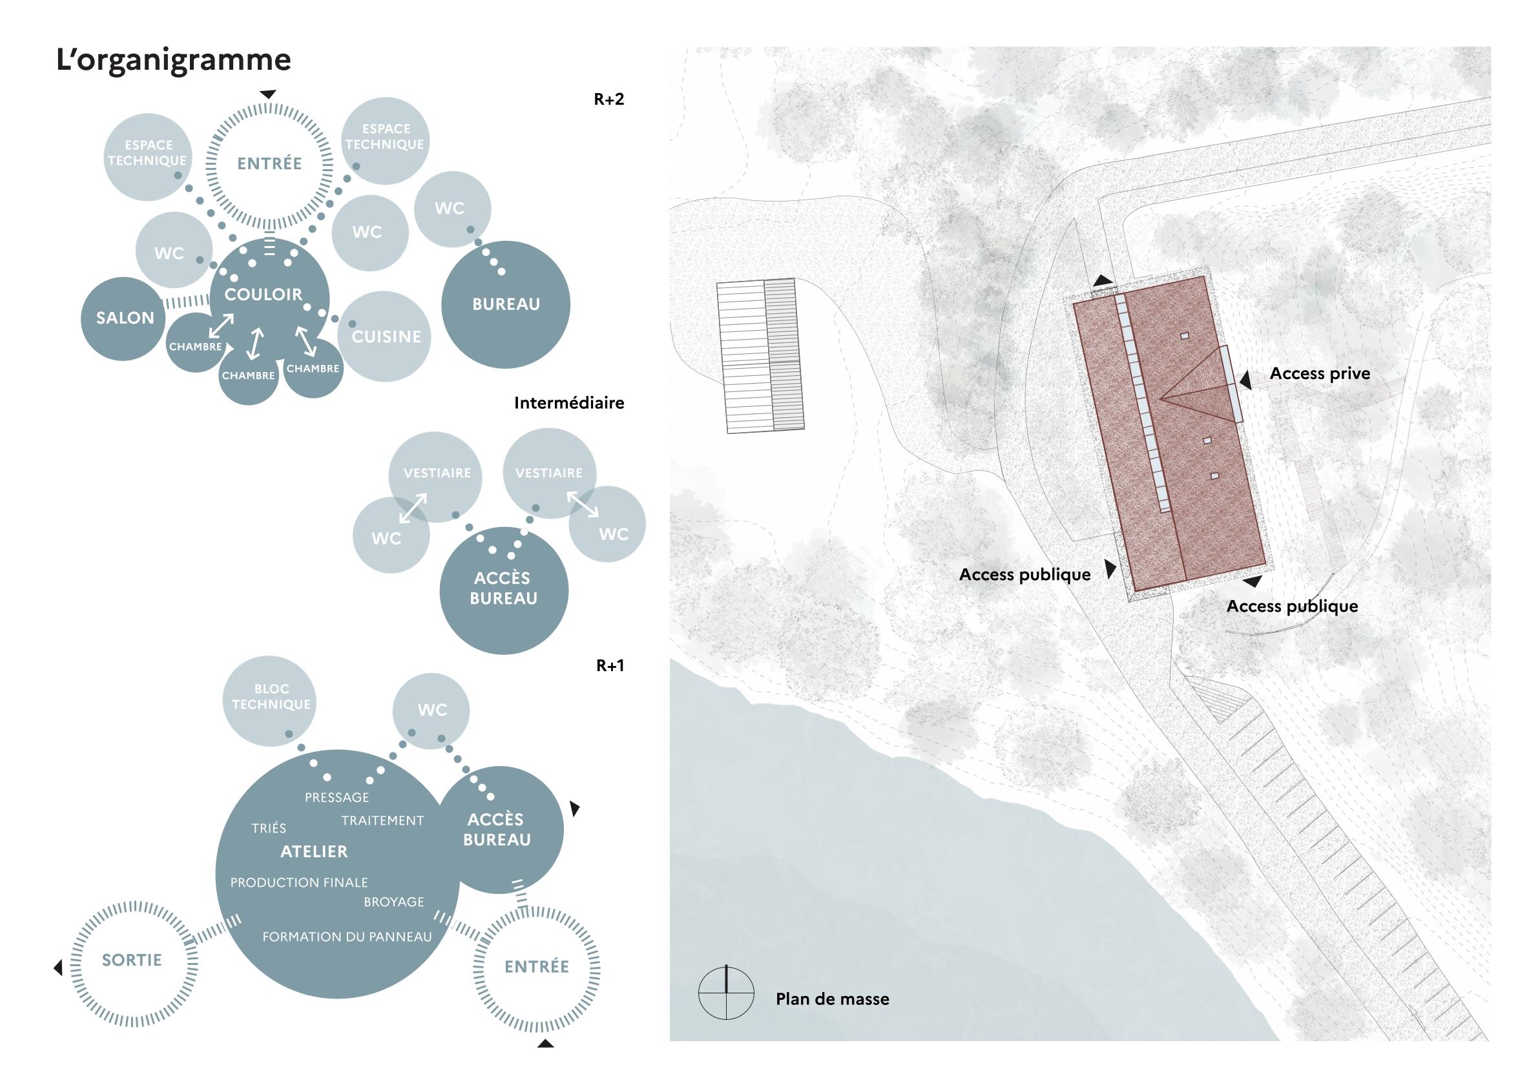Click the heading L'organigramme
tap(174, 60)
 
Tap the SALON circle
tap(125, 318)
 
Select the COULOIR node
tap(264, 294)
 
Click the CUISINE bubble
tap(386, 337)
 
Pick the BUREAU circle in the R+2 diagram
tap(506, 304)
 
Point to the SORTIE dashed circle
tap(132, 960)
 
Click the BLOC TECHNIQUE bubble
tap(271, 697)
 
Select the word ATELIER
tap(314, 852)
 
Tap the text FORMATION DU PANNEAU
tap(347, 937)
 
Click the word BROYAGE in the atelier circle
tap(394, 902)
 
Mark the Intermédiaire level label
tap(568, 403)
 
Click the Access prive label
tap(1320, 374)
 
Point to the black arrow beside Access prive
tap(1245, 381)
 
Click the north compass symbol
tap(725, 993)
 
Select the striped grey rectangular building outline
tap(760, 357)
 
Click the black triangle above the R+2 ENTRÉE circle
tap(269, 94)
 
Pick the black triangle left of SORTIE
tap(58, 968)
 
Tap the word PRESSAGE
tap(337, 798)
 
